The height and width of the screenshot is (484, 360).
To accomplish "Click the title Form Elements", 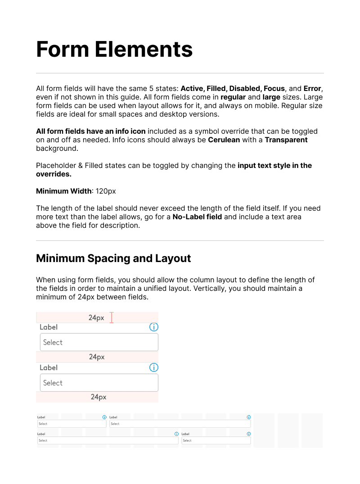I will pos(114,49).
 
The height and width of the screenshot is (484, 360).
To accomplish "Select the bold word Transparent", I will pos(286,140).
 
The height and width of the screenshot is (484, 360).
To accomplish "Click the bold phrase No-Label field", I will pos(198,217).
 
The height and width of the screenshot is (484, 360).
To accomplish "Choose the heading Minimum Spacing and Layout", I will pos(113,258).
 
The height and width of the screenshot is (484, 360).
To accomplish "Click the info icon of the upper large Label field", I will pos(154,327).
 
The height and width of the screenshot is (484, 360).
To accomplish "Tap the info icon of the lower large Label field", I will pos(154,368).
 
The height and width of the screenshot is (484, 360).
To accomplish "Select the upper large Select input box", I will pos(99,342).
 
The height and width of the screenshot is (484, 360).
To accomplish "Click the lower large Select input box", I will pos(99,383).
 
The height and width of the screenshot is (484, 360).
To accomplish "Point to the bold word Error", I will pos(313,88).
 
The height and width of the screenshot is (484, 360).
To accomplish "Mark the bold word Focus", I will pos(274,88).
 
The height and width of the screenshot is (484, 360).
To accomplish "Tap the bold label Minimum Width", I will pos(64,191).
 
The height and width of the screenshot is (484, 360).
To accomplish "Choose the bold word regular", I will pos(233,97).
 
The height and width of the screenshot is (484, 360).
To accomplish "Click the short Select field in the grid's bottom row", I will pos(216,441).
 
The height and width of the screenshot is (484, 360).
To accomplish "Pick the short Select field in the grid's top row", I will pos(72,424).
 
